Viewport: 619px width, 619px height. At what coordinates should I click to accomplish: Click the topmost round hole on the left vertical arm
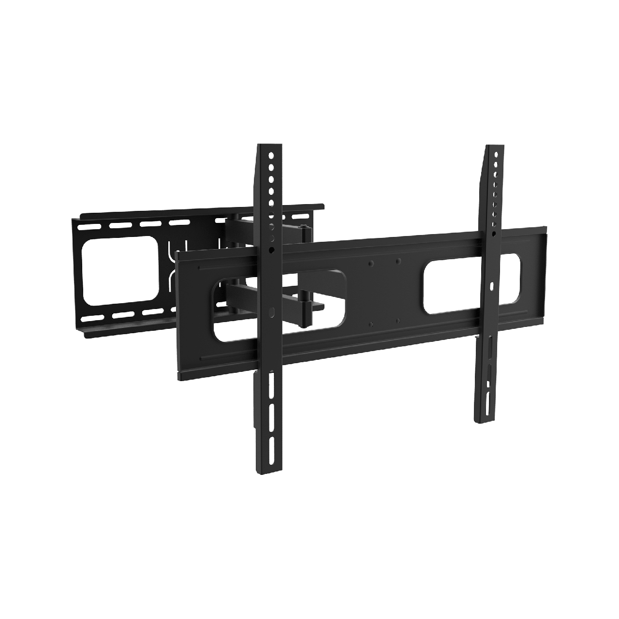point(271,156)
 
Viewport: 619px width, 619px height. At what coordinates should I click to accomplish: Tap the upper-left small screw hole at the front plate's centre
point(370,264)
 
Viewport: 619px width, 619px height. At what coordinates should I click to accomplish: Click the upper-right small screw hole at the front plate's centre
point(398,261)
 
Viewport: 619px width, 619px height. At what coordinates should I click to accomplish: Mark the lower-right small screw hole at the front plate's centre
point(397,320)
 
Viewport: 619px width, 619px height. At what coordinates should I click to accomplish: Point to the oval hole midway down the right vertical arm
point(492,287)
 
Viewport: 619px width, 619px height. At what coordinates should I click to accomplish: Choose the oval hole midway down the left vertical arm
point(271,312)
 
